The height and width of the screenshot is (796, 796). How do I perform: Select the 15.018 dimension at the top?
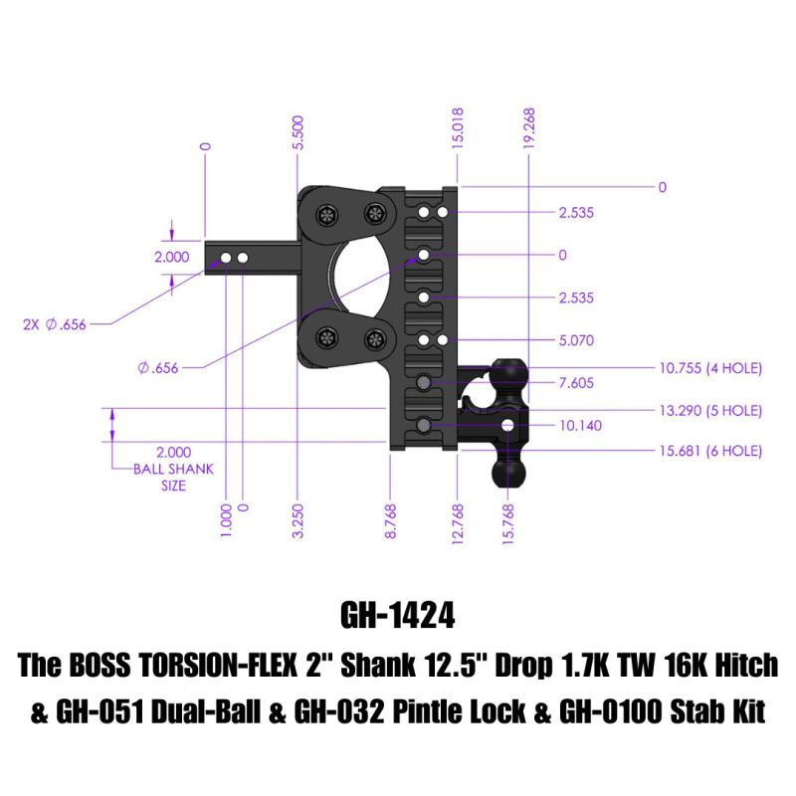coord(459,127)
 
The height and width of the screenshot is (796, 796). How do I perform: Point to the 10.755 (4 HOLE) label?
coord(710,368)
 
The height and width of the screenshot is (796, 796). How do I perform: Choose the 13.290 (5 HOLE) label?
coord(710,410)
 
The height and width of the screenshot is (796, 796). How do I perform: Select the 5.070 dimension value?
coord(577,340)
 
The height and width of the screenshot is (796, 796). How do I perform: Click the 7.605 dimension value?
coord(577,382)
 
